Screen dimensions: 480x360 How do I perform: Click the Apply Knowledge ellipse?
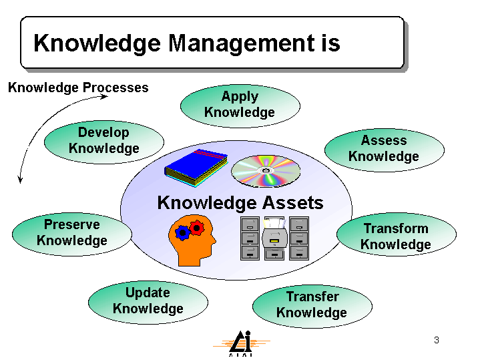240,106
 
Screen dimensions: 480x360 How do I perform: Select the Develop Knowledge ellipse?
104,142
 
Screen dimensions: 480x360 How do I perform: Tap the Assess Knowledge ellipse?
385,150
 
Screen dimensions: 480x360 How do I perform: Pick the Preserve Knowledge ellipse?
72,234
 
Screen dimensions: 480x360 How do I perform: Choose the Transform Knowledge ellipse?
397,234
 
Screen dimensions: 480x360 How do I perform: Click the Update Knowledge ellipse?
148,303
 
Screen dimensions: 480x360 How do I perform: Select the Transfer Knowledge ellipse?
312,307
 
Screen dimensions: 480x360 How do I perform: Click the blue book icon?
196,168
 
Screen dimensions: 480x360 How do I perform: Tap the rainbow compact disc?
266,171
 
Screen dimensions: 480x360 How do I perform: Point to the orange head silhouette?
192,240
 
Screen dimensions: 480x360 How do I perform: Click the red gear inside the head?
196,228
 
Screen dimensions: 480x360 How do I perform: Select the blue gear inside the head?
182,233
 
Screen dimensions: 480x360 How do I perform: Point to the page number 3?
437,340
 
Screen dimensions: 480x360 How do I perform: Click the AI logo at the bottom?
241,343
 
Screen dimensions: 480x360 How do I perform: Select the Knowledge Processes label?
78,87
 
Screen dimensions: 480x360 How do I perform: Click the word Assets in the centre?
293,203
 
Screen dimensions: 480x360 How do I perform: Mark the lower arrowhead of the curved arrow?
20,180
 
